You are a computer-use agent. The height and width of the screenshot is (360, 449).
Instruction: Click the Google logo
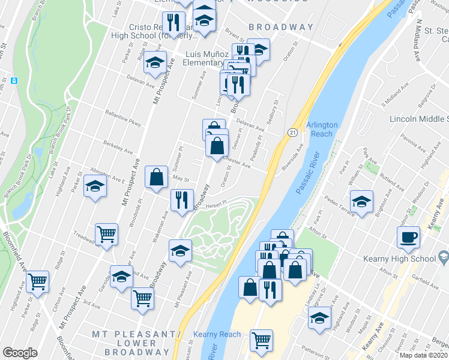pyautogui.click(x=20, y=352)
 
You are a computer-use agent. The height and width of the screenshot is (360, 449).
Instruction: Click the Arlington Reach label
pyautogui.click(x=322, y=129)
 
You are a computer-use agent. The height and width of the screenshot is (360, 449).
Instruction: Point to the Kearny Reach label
pyautogui.click(x=217, y=334)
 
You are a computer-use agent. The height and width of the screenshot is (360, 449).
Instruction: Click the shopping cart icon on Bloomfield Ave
pyautogui.click(x=37, y=280)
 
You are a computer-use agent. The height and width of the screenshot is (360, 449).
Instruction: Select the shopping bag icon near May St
pyautogui.click(x=156, y=177)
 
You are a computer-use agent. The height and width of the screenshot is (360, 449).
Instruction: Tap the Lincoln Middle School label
pyautogui.click(x=418, y=119)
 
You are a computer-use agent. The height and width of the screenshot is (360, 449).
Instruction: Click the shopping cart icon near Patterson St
pyautogui.click(x=262, y=340)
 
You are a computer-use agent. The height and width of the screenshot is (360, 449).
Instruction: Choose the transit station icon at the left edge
pyautogui.click(x=14, y=80)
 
